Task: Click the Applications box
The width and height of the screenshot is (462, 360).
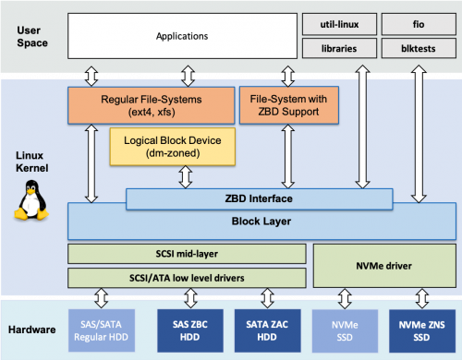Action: click(x=181, y=37)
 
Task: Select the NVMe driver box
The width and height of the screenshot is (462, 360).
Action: click(x=383, y=265)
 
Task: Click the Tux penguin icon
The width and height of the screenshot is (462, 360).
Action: click(x=31, y=201)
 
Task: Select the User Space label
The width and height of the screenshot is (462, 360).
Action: click(x=31, y=37)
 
